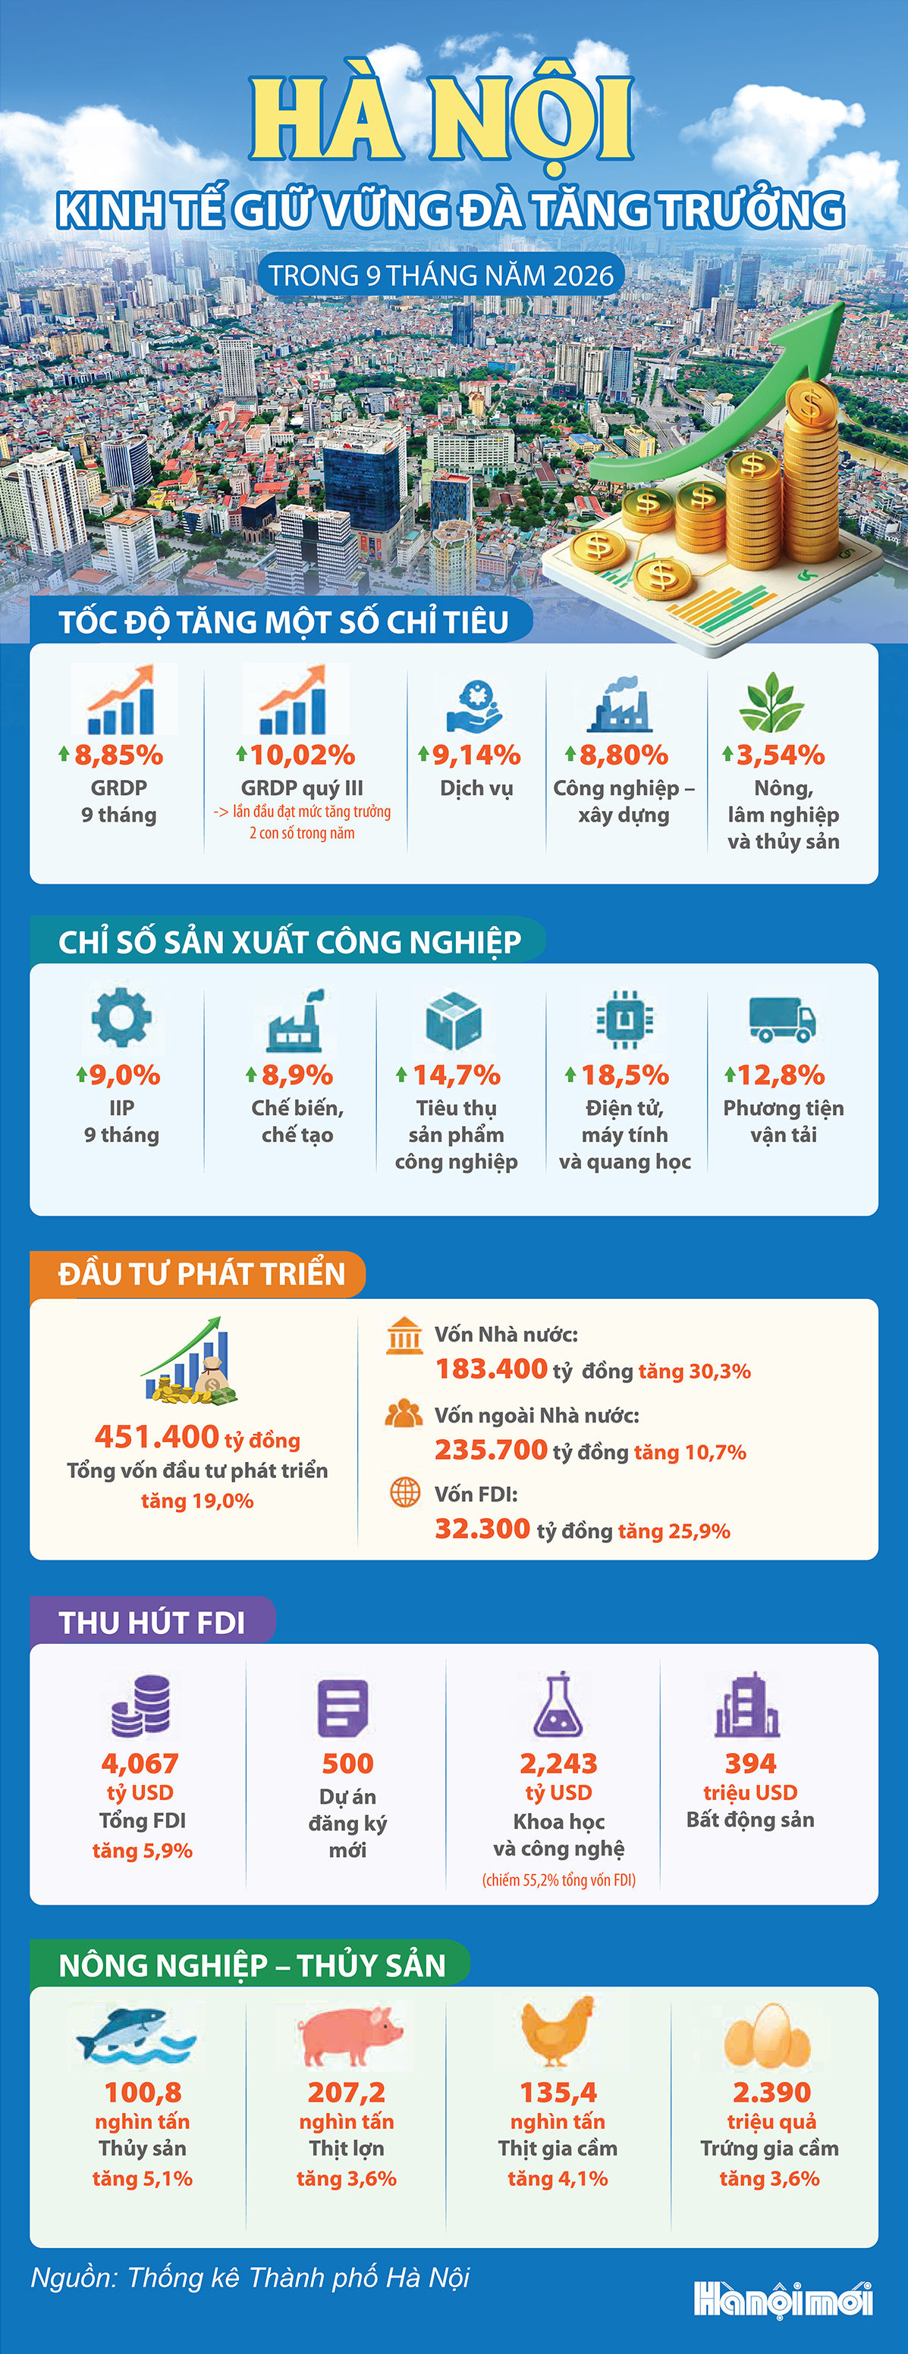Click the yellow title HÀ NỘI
(441, 119)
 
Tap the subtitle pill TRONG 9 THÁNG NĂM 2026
(441, 275)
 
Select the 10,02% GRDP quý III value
(302, 755)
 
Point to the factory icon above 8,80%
(620, 705)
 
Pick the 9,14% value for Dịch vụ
(476, 755)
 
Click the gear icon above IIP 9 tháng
(121, 1016)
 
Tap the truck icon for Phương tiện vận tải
(782, 1019)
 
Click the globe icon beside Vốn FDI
(405, 1492)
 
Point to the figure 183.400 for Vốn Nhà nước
(491, 1369)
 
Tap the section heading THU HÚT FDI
(152, 1622)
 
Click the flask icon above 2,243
(558, 1704)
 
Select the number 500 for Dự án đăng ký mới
(347, 1763)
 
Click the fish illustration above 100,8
(135, 2034)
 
